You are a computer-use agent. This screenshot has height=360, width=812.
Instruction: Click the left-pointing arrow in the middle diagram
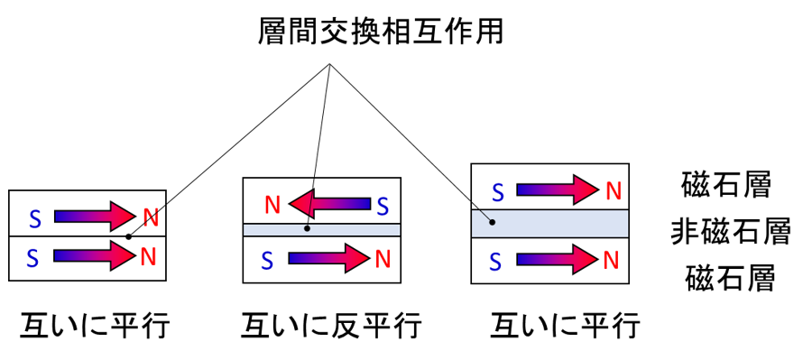(x=329, y=204)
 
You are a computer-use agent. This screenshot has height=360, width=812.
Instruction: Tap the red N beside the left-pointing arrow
(x=272, y=206)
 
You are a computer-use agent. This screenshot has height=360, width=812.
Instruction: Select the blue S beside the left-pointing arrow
(x=383, y=207)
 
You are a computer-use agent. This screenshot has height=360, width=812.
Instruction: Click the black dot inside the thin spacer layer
(x=307, y=228)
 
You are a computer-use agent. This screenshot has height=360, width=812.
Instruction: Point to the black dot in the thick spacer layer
(x=492, y=222)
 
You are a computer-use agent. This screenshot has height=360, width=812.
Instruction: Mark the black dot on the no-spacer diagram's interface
(x=128, y=236)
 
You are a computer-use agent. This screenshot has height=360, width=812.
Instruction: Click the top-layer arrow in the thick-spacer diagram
(x=557, y=189)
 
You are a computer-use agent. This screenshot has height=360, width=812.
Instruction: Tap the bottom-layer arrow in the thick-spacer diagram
(x=557, y=259)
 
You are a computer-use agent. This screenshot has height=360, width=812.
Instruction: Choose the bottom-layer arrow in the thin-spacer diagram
(x=328, y=258)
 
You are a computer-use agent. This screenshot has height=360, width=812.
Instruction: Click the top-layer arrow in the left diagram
(x=95, y=217)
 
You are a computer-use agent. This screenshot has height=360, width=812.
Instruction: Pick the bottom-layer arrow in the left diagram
(x=95, y=256)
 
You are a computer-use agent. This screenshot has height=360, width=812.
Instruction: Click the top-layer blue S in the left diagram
(x=34, y=219)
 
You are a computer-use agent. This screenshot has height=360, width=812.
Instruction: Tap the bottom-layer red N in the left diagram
(x=148, y=257)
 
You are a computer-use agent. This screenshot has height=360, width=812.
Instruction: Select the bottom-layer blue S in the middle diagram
(x=266, y=262)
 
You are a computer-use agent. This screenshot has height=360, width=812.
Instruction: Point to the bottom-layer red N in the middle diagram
(x=383, y=260)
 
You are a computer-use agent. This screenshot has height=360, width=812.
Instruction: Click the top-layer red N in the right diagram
(x=614, y=191)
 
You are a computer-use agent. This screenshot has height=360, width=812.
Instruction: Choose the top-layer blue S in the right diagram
(x=497, y=193)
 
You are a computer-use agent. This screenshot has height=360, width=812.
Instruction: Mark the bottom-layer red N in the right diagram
(x=611, y=261)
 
